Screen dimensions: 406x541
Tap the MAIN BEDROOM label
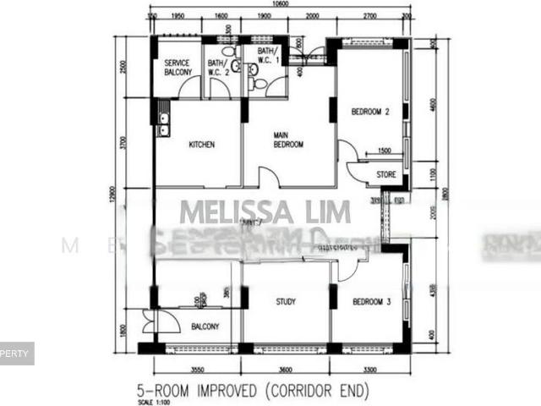287,140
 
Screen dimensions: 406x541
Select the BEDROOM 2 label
369,111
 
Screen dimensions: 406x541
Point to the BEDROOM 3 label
369,302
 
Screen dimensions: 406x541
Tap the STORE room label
386,176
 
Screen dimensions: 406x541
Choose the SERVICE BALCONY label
178,67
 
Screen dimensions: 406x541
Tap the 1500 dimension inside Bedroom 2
385,151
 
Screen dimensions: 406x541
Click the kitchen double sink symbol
163,124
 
